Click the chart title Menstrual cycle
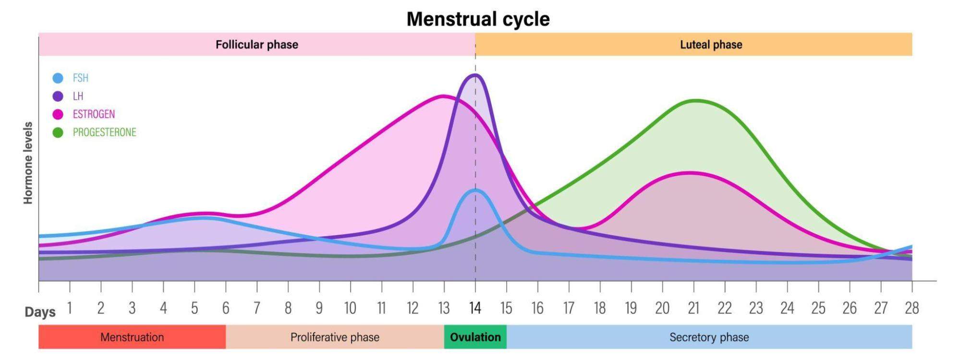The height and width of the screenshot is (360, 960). [x=478, y=19]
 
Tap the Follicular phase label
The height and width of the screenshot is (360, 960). [x=256, y=45]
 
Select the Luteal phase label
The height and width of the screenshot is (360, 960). [x=711, y=45]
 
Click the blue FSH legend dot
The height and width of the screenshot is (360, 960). [x=58, y=78]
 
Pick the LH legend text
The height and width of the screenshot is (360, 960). [x=78, y=96]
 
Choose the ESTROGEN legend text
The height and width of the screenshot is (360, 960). [x=94, y=114]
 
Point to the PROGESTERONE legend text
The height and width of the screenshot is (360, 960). [x=104, y=132]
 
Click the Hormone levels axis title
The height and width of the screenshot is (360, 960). [x=28, y=163]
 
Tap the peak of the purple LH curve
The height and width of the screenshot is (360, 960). [x=475, y=75]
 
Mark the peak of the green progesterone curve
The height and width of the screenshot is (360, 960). [x=696, y=100]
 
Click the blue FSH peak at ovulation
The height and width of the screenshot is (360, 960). [x=475, y=191]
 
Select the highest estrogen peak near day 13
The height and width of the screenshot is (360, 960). [x=443, y=96]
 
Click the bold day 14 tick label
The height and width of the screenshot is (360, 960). [x=475, y=308]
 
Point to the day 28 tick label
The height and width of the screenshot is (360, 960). [x=911, y=308]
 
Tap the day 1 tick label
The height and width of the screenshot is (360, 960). [x=70, y=308]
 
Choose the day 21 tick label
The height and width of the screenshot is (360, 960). [x=693, y=308]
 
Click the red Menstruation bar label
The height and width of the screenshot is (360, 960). [x=132, y=337]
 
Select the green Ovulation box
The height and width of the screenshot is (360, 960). [x=475, y=337]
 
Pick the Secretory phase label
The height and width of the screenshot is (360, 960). [x=709, y=337]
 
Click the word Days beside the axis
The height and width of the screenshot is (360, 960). [x=40, y=312]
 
